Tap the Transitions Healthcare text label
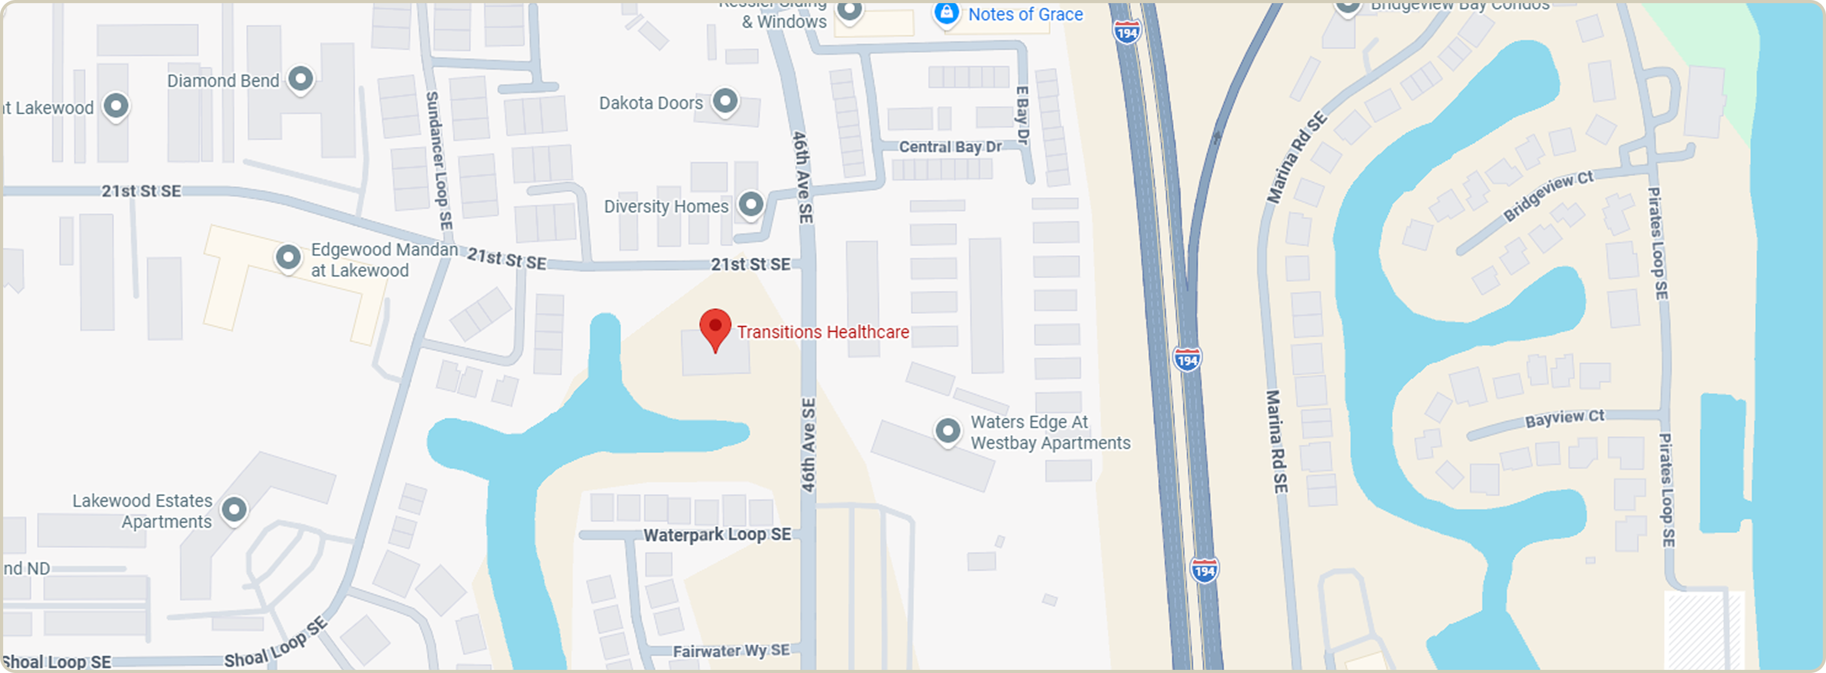click(823, 332)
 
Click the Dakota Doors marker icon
click(724, 101)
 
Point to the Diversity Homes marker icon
click(751, 204)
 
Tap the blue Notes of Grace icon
click(947, 13)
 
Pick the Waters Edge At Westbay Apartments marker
click(948, 430)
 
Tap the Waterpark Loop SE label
click(717, 535)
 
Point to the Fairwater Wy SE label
click(731, 650)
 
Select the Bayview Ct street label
click(1565, 418)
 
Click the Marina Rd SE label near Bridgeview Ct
click(1296, 157)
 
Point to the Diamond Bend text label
click(223, 81)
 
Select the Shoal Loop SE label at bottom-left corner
click(57, 661)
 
